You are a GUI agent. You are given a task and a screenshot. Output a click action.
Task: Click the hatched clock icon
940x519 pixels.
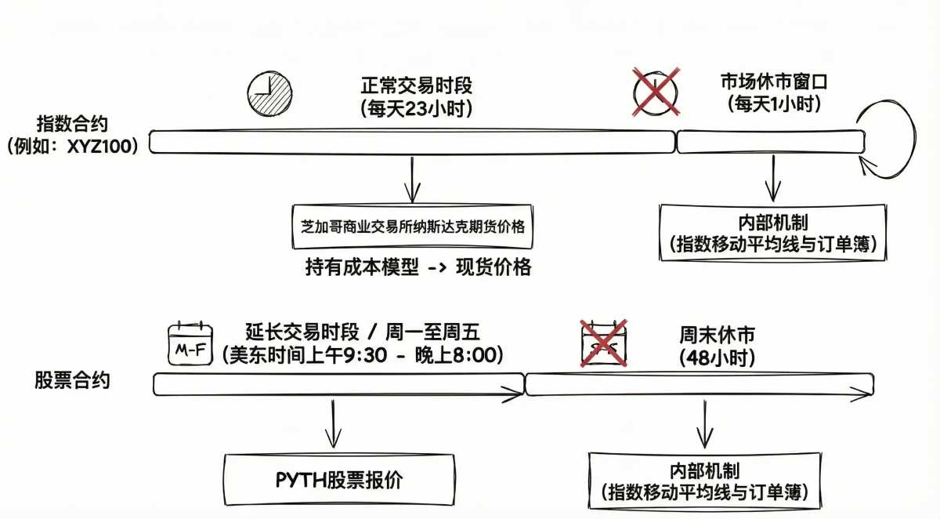(x=269, y=93)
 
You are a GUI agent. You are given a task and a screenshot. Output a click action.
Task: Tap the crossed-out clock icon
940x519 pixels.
(x=656, y=92)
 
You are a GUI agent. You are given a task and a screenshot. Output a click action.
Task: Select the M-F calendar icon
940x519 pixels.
(x=190, y=343)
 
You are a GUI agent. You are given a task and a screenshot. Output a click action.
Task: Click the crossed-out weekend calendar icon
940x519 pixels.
(x=603, y=343)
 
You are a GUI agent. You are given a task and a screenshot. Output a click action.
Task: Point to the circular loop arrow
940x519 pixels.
(x=915, y=139)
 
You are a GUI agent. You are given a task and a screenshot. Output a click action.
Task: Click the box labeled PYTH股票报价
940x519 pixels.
(x=339, y=480)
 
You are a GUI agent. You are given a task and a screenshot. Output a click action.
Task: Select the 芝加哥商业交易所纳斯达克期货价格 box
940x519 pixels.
(x=413, y=227)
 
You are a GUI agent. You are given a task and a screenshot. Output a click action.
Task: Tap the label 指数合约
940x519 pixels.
(x=72, y=124)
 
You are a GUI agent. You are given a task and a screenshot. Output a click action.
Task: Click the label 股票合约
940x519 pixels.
(x=72, y=380)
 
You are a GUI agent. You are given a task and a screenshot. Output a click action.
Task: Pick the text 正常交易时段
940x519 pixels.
(x=416, y=85)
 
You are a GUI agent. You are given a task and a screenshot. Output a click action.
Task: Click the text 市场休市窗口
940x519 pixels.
(x=774, y=82)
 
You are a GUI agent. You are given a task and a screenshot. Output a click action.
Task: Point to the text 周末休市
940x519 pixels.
(x=718, y=335)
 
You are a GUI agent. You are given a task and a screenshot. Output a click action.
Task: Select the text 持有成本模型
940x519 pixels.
(x=362, y=267)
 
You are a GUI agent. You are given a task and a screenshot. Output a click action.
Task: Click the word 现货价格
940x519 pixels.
(x=493, y=267)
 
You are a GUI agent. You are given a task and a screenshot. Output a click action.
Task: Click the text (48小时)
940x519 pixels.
(x=718, y=357)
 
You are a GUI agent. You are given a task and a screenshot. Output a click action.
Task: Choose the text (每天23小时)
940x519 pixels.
(x=416, y=109)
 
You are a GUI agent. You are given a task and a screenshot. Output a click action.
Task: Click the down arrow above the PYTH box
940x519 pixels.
(x=333, y=423)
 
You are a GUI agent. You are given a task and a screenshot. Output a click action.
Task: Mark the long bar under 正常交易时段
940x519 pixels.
(x=412, y=142)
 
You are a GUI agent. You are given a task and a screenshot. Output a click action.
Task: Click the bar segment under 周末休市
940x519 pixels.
(x=700, y=384)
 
